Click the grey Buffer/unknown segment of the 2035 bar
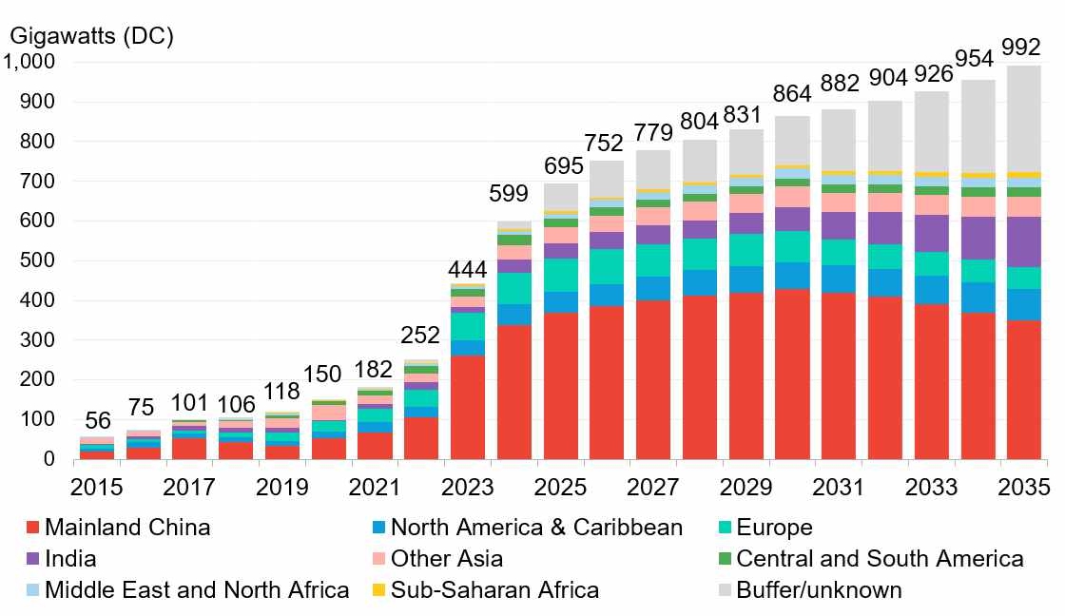(1024, 119)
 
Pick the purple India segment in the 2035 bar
(1024, 242)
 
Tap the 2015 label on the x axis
(97, 488)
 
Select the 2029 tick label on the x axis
(746, 488)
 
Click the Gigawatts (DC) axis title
(91, 35)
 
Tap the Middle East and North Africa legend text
(197, 590)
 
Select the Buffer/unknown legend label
(819, 590)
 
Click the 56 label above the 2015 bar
(97, 419)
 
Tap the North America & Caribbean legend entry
(536, 528)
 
